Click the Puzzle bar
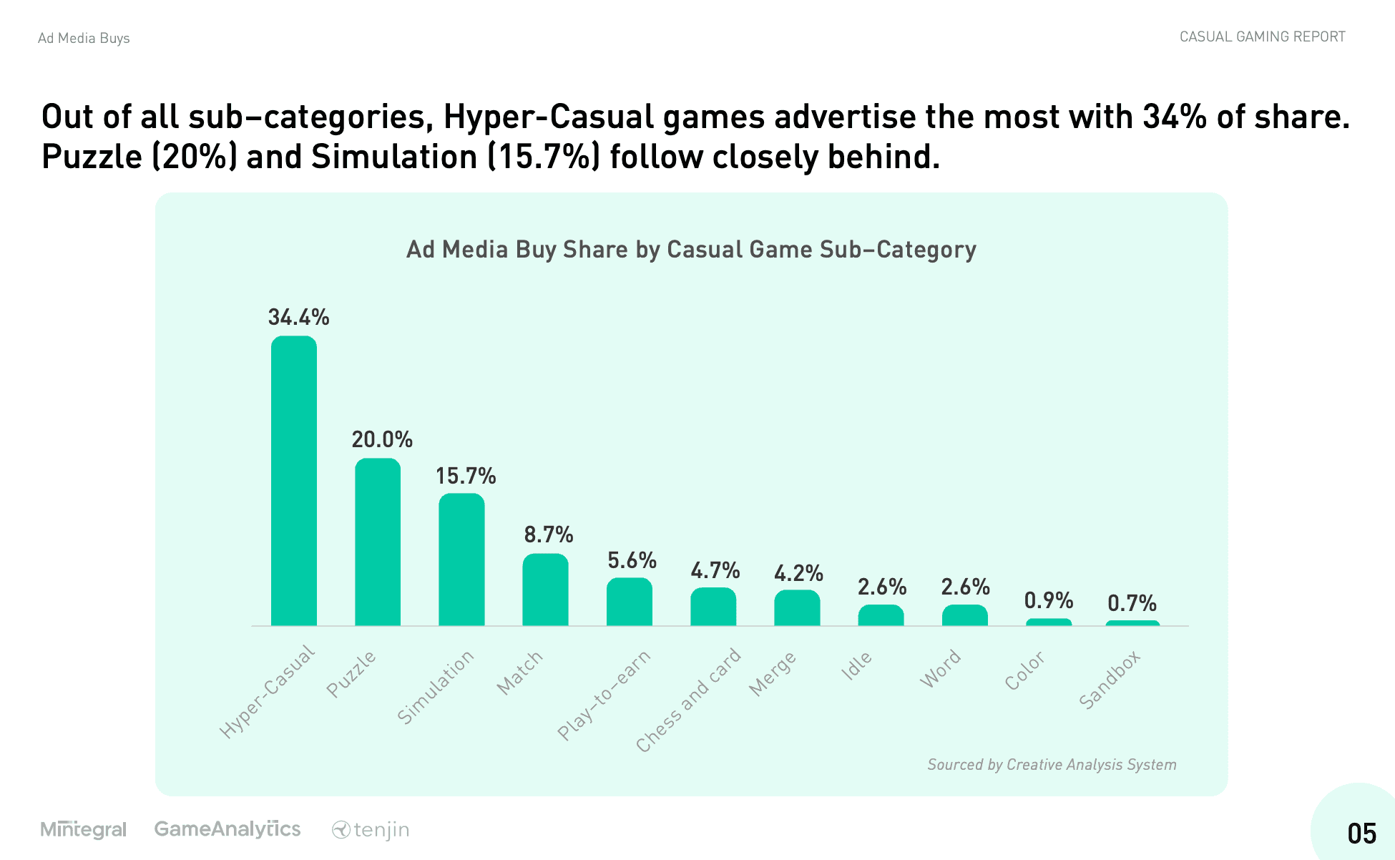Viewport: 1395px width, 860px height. point(378,542)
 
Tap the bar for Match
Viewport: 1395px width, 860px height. point(545,590)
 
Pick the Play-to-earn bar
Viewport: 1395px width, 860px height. point(629,602)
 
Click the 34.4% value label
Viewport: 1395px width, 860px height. point(298,317)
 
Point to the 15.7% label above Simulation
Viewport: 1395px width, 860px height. point(465,476)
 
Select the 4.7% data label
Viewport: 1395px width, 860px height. point(715,570)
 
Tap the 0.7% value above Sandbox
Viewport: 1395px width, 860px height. point(1132,603)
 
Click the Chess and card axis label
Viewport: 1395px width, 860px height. point(688,700)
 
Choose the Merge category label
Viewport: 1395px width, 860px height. point(772,673)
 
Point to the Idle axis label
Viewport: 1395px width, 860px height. point(856,665)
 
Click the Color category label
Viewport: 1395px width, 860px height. point(1024,670)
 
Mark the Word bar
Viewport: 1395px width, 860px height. point(964,615)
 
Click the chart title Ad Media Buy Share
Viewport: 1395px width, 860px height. point(691,249)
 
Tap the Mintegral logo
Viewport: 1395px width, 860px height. point(84,829)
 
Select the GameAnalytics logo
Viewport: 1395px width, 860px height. point(227,829)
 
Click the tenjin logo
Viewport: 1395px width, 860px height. point(371,830)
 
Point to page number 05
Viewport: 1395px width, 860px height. point(1361,834)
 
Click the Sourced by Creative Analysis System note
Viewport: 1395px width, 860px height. point(1052,764)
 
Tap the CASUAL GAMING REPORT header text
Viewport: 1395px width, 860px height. point(1262,36)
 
